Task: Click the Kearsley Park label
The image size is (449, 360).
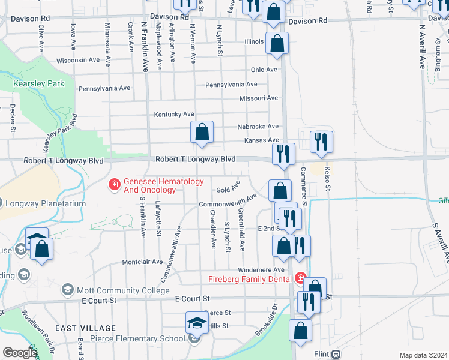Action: (38, 84)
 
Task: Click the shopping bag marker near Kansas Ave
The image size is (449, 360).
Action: (202, 133)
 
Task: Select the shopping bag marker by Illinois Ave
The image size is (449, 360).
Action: (277, 43)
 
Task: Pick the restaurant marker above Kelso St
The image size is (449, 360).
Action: (322, 142)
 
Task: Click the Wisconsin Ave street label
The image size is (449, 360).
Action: (78, 60)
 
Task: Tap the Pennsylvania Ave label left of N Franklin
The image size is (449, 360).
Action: (104, 88)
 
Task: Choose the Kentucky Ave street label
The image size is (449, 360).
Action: (174, 114)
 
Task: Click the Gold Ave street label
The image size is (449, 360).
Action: (228, 189)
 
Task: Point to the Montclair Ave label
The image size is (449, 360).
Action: (142, 262)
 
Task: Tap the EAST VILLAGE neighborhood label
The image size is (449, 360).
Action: (85, 328)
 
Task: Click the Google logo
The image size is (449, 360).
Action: (20, 353)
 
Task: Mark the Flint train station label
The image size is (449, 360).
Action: (323, 354)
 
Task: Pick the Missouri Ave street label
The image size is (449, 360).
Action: (258, 98)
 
